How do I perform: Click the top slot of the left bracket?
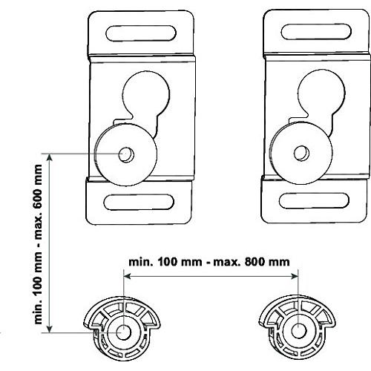[x=141, y=33]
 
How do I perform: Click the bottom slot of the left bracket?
[x=139, y=202]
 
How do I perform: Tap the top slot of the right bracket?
[x=316, y=32]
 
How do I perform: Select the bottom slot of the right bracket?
[x=314, y=200]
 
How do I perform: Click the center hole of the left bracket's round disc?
[x=126, y=155]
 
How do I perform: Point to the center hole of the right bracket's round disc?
[x=301, y=153]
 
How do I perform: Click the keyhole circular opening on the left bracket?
[x=146, y=94]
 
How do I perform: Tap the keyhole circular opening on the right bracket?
[x=321, y=93]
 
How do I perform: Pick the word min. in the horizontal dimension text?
[x=141, y=262]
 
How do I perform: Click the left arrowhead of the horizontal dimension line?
[x=127, y=276]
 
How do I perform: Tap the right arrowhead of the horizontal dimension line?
[x=295, y=276]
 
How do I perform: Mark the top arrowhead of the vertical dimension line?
[x=50, y=157]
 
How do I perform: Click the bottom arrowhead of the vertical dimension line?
[x=50, y=329]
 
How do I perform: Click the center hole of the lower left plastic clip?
[x=123, y=332]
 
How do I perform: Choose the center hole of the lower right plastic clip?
[x=299, y=331]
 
